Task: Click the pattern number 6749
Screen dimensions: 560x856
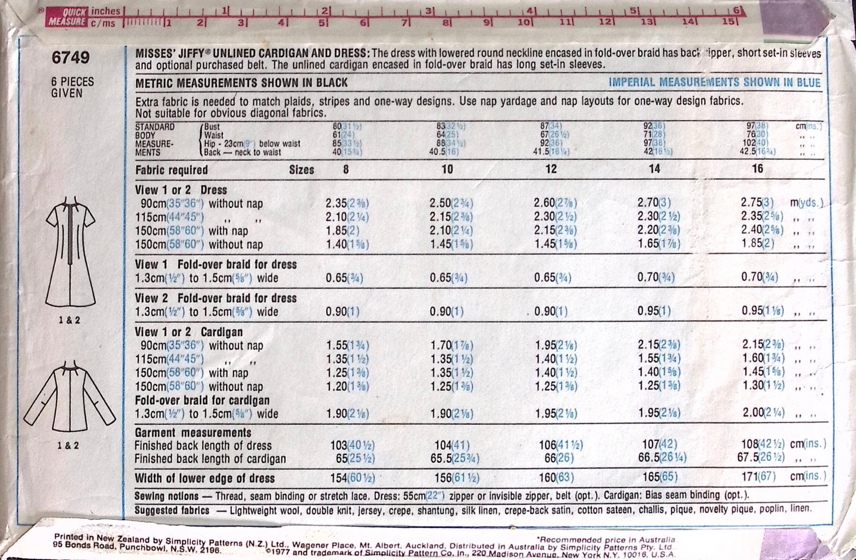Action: click(x=70, y=57)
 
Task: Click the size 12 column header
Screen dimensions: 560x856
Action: click(x=551, y=169)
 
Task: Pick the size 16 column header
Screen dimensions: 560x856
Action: click(x=757, y=168)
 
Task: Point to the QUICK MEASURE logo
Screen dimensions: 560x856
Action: click(x=67, y=17)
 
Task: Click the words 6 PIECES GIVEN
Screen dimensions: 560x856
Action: click(x=72, y=87)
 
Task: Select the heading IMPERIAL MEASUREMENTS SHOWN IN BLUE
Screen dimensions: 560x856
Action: click(x=714, y=82)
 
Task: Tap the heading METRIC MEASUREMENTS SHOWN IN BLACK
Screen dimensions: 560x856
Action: click(x=241, y=83)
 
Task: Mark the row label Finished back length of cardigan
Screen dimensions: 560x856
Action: click(x=210, y=459)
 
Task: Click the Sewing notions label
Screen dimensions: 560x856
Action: click(x=166, y=496)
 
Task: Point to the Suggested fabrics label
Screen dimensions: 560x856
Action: click(x=172, y=510)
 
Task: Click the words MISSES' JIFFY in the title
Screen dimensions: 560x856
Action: click(x=169, y=54)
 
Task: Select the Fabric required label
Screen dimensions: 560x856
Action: click(x=171, y=170)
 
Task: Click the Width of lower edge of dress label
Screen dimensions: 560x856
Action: click(x=204, y=479)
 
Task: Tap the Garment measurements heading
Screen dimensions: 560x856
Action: click(x=193, y=433)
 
